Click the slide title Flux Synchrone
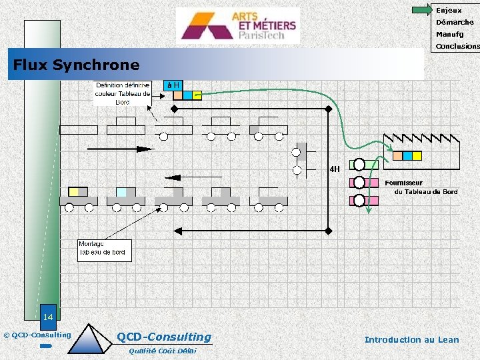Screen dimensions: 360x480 click(77, 65)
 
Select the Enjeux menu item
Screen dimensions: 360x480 click(448, 10)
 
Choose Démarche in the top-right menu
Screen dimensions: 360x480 click(455, 22)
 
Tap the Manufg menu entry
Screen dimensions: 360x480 click(449, 34)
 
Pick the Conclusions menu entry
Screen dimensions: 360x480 click(457, 47)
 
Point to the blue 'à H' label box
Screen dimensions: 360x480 click(173, 85)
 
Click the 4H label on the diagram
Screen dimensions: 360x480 click(334, 169)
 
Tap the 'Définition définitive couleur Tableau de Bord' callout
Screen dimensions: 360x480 click(123, 94)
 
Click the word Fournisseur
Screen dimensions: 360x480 click(403, 183)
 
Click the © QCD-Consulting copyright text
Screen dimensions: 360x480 click(37, 335)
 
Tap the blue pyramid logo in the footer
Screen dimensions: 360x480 click(91, 339)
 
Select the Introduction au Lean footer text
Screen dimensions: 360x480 click(411, 339)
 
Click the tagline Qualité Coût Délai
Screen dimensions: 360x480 click(162, 351)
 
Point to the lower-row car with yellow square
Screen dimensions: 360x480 click(78, 197)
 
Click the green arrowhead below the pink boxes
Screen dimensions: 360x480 click(369, 211)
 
